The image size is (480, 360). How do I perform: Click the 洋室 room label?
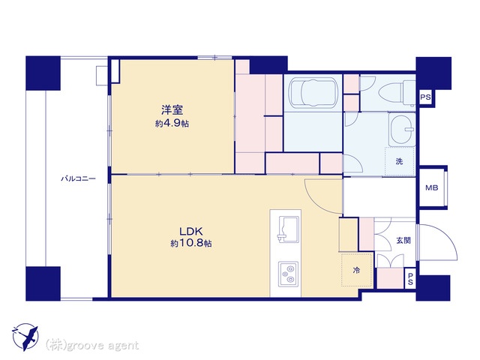[x=172, y=109]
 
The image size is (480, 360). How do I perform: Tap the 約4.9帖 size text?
[x=172, y=123]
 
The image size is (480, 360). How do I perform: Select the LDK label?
[x=191, y=230]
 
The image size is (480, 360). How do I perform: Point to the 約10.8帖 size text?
[x=191, y=243]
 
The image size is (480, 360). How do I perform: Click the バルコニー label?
[x=78, y=178]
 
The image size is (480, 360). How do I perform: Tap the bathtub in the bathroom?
[x=313, y=92]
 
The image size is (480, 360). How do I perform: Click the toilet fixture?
[x=397, y=91]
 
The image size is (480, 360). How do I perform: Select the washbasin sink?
[x=402, y=130]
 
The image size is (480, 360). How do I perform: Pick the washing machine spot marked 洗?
[x=400, y=162]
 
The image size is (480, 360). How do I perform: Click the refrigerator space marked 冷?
[x=357, y=270]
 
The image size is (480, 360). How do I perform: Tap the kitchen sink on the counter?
[x=288, y=228]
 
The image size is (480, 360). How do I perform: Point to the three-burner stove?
[x=288, y=274]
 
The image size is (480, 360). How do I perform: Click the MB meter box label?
[x=432, y=188]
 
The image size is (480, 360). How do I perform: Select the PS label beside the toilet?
[x=425, y=97]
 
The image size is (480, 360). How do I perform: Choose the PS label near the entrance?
[x=410, y=278]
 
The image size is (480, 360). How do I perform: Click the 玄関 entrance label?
[x=403, y=241]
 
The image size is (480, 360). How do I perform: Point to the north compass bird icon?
[x=25, y=337]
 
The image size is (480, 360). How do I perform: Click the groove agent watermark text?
[x=92, y=346]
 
